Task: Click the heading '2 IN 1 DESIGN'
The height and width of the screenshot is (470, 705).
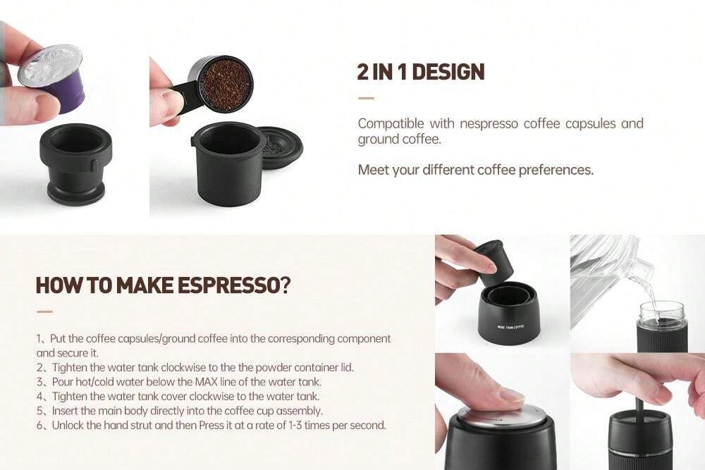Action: pyautogui.click(x=421, y=72)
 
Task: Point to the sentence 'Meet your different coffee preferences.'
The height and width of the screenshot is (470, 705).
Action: pyautogui.click(x=475, y=170)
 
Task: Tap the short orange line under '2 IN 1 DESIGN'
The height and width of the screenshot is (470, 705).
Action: pyautogui.click(x=365, y=98)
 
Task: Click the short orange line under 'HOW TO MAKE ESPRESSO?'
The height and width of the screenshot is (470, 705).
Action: pyautogui.click(x=44, y=310)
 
